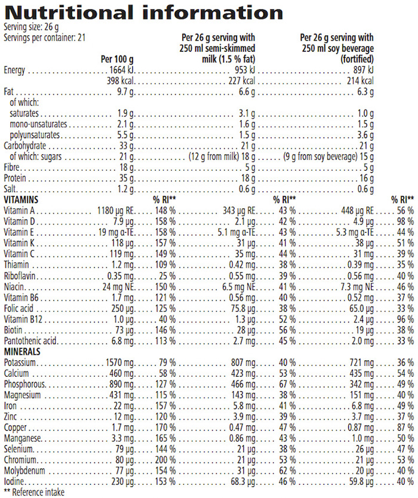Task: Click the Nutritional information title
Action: click(x=143, y=13)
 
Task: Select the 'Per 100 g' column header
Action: click(x=116, y=60)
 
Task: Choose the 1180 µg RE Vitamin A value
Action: click(x=116, y=211)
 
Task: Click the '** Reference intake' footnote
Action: click(x=33, y=493)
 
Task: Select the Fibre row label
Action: click(x=13, y=167)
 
